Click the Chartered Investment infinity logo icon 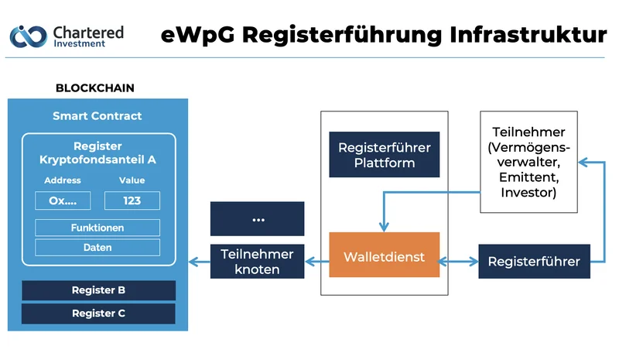27,35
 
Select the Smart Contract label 97,116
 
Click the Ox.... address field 63,201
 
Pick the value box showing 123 132,201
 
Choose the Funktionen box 97,228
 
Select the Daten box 97,248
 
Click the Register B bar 98,290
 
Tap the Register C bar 98,314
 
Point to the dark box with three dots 258,219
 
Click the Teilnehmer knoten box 258,262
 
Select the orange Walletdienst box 385,256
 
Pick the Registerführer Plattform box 385,155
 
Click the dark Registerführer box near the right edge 534,262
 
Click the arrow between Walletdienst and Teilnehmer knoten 318,262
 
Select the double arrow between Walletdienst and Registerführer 460,262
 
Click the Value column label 132,180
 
